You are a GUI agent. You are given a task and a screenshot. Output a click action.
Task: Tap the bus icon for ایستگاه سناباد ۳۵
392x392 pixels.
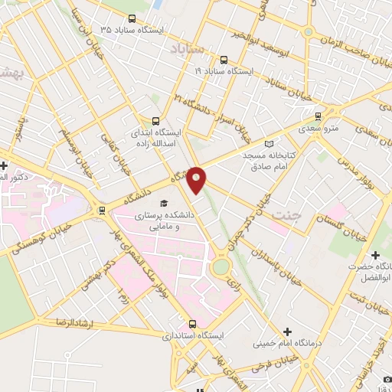coord(132,19)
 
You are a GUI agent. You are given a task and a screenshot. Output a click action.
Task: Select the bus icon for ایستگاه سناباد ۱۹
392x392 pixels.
coord(224,60)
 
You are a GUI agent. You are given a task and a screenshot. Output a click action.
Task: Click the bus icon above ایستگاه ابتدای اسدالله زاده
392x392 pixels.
coord(156,120)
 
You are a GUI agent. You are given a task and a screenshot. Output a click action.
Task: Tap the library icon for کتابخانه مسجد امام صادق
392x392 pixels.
coord(267,143)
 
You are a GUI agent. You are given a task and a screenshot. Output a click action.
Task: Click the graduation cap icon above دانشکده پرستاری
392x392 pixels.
coord(163,203)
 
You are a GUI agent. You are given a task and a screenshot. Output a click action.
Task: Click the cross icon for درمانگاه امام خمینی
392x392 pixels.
coord(287,331)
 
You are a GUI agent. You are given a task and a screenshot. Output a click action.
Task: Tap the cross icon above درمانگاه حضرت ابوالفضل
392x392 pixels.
coord(374,255)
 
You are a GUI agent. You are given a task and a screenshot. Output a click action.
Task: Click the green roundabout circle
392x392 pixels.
coord(221,266)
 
